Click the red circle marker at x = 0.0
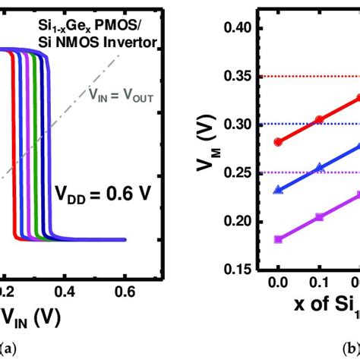tap(278, 141)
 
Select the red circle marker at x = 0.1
tap(319, 119)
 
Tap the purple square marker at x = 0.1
tap(319, 217)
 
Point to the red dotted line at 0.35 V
tap(311, 77)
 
